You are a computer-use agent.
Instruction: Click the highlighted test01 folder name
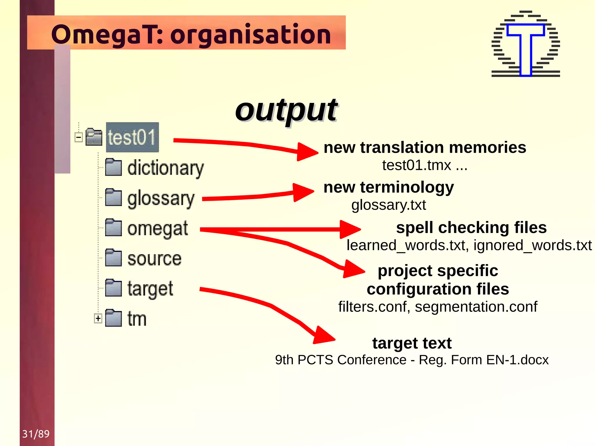[132, 137]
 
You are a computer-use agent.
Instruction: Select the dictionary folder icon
[113, 167]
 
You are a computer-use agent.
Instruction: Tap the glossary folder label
[161, 199]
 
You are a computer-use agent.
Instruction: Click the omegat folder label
[157, 229]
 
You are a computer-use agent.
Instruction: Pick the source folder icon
[113, 258]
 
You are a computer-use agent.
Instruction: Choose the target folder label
[150, 289]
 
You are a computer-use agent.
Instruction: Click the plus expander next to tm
[98, 318]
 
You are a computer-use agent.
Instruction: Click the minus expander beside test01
[78, 137]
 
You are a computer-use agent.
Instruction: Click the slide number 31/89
[36, 434]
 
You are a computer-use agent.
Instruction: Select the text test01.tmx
[417, 165]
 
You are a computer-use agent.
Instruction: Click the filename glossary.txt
[388, 205]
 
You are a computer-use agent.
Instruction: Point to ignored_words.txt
[532, 245]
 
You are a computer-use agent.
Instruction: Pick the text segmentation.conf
[476, 307]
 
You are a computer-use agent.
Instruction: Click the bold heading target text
[412, 343]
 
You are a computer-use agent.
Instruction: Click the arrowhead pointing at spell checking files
[350, 229]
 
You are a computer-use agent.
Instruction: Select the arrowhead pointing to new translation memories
[307, 151]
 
